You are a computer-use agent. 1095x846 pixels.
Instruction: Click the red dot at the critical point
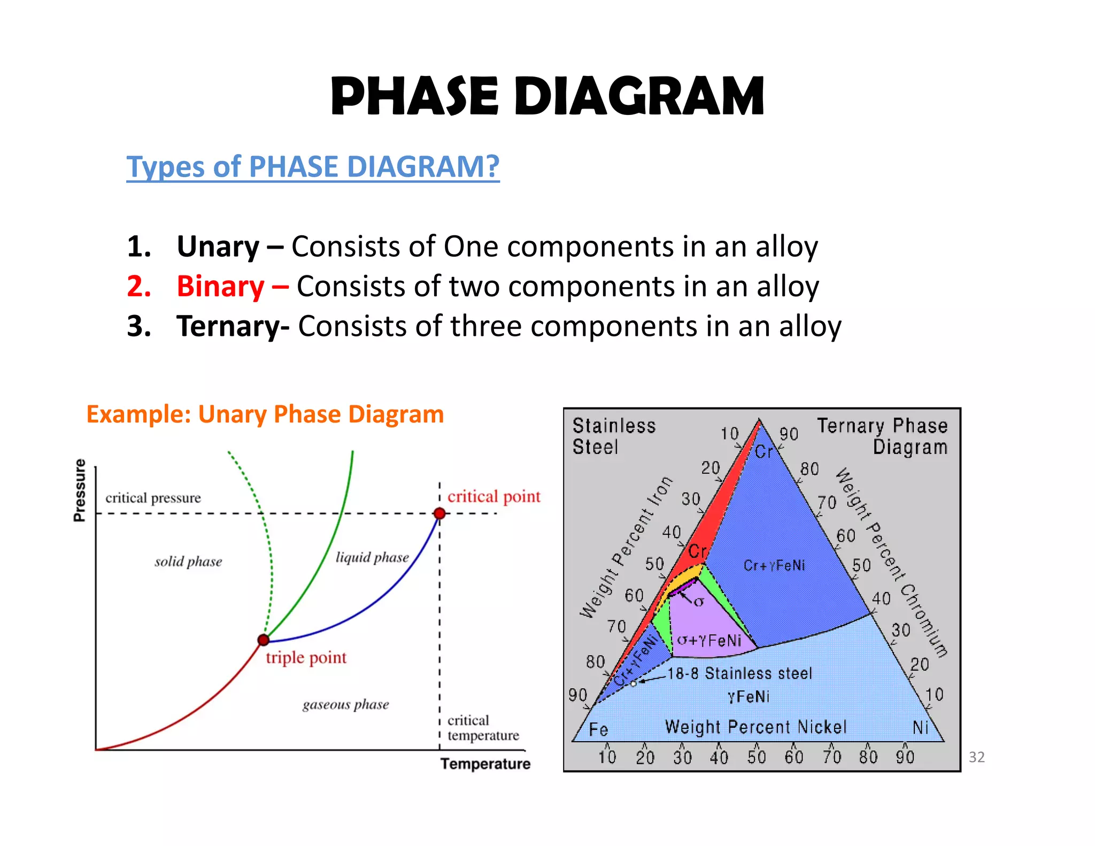tap(439, 513)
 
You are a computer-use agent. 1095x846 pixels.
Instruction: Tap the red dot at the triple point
tap(264, 640)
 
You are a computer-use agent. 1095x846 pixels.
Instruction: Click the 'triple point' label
tap(306, 658)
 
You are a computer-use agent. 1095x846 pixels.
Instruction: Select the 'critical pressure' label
tap(153, 498)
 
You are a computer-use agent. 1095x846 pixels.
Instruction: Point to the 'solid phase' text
tap(188, 562)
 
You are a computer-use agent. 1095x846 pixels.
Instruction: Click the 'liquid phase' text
tap(372, 558)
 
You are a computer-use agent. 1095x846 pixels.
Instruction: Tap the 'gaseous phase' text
tap(345, 705)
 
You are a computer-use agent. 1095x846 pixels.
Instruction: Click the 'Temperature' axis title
tap(485, 764)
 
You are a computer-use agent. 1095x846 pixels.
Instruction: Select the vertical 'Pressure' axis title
tap(80, 490)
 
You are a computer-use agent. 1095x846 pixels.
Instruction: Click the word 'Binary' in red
tap(220, 286)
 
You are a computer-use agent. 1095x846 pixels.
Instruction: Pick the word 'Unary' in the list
tap(218, 247)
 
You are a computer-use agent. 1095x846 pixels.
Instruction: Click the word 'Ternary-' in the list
tap(233, 326)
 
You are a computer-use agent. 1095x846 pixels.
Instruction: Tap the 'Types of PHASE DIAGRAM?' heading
tap(313, 166)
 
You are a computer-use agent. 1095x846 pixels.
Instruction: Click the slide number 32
tap(976, 757)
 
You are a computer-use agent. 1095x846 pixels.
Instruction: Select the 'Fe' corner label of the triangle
tap(598, 729)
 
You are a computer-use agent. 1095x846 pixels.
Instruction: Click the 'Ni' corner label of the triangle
tap(920, 728)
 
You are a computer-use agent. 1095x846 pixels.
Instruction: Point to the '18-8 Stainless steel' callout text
tap(739, 673)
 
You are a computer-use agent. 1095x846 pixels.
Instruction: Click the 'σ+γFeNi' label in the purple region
tap(709, 640)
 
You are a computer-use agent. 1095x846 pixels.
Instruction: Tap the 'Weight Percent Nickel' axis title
tap(755, 727)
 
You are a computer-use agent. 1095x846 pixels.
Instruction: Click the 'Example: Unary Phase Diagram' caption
tap(265, 414)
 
